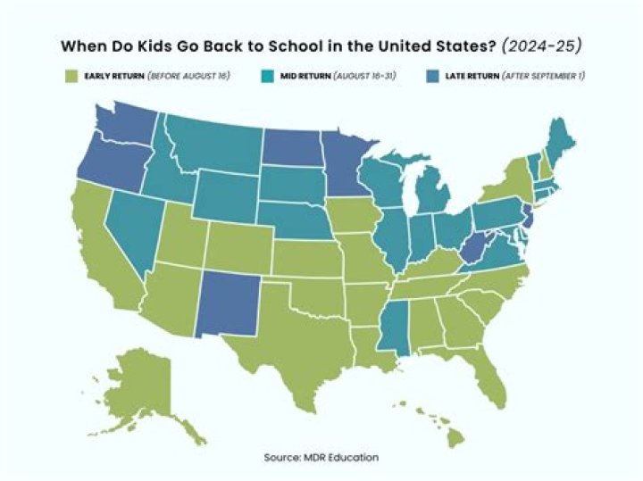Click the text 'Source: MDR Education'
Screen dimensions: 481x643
pyautogui.click(x=321, y=458)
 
